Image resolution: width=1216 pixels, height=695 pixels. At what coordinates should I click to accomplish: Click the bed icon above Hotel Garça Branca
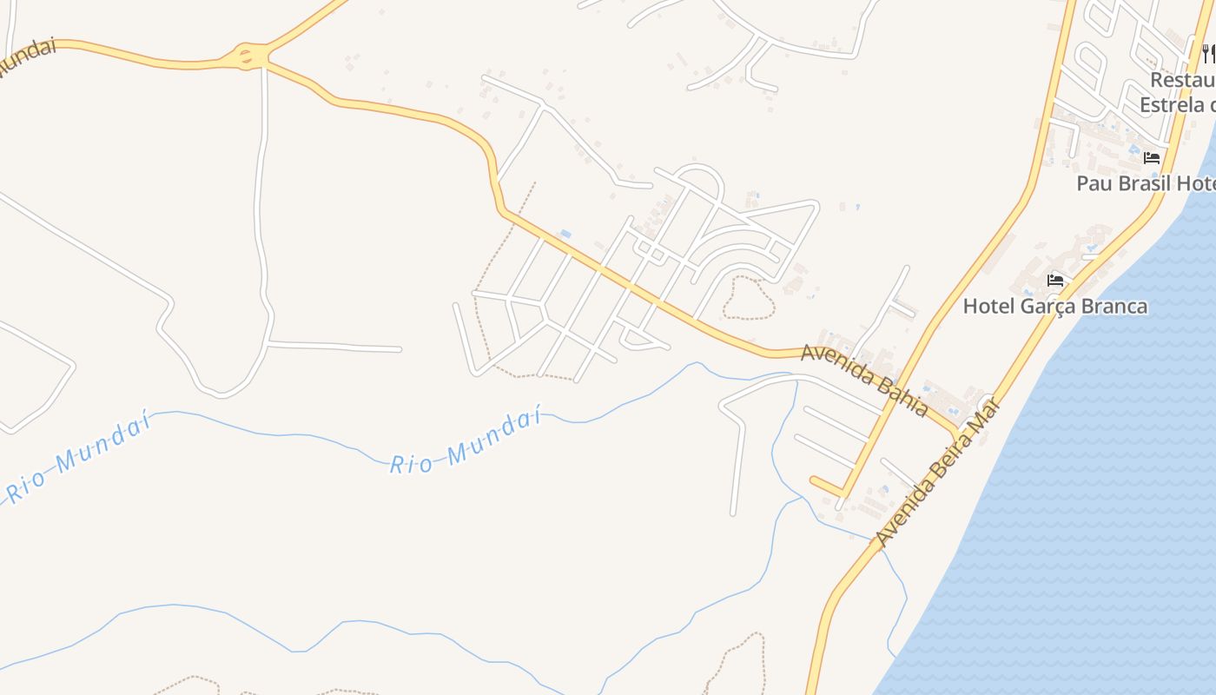pos(1055,280)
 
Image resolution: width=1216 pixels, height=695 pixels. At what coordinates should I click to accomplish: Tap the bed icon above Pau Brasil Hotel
pos(1152,158)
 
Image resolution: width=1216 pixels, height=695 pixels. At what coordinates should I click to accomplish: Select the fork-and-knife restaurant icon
pos(1208,54)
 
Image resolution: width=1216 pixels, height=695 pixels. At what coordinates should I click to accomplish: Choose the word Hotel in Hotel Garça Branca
pos(990,307)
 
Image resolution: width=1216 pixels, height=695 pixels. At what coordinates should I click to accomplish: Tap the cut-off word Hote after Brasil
pos(1195,183)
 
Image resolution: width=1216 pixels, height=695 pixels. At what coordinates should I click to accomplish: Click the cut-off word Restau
pos(1182,80)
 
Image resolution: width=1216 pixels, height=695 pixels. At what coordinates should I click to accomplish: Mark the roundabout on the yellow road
pos(247,57)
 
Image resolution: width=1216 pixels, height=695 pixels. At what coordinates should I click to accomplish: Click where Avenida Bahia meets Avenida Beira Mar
pos(959,432)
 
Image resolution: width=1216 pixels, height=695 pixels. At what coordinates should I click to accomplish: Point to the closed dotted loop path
pos(748,297)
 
